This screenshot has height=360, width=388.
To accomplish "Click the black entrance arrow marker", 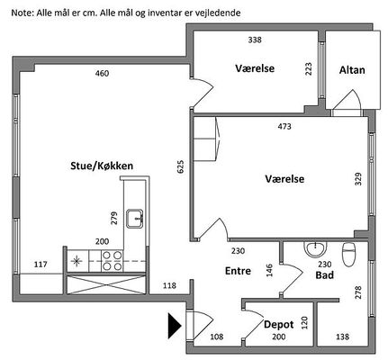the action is point(175,326).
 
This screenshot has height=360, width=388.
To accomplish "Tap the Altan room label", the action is point(352,70).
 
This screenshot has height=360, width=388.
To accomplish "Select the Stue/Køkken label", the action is point(102,166).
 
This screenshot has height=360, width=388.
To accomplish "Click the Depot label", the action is point(279,325).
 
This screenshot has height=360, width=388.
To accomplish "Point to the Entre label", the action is point(238,271).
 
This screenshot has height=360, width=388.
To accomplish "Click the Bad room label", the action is point(325,275).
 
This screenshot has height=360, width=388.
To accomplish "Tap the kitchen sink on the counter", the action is point(135,219).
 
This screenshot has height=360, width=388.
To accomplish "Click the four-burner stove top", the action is point(113,261).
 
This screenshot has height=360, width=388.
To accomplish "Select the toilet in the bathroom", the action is point(348,255).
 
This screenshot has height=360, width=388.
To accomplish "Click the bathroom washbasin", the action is point(315,249).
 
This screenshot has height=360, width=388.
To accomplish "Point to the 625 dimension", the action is point(181,166).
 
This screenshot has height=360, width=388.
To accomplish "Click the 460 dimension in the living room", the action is point(102,74).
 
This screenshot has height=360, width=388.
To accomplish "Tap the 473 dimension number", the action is point(284,127).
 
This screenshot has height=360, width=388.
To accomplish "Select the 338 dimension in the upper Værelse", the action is point(255,40).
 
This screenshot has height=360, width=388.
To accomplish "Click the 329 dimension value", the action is point(358,179).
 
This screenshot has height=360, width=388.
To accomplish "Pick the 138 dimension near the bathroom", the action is point(342,337).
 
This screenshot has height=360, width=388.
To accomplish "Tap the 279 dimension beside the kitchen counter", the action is point(114,219).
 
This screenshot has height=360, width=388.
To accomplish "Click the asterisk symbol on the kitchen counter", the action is point(77,261).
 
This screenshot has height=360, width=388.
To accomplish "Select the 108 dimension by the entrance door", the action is point(217,337).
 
